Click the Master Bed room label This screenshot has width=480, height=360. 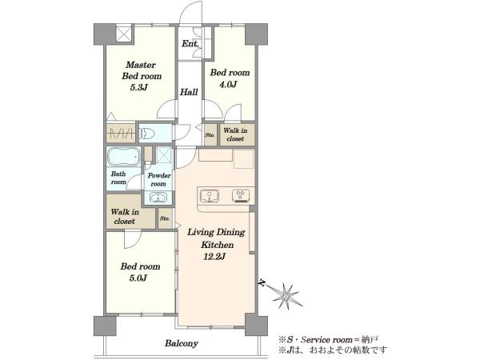tap(142, 70)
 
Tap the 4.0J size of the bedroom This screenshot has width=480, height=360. tap(228, 84)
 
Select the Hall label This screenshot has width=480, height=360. tap(189, 92)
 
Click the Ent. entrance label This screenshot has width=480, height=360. tap(190, 44)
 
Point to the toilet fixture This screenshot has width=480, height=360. tap(147, 134)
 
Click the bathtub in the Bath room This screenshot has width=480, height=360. tap(123, 157)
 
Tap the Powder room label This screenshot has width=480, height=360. tap(159, 180)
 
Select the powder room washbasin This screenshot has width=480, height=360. tap(158, 197)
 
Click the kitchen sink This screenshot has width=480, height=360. tap(210, 196)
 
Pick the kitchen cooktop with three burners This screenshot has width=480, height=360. tap(241, 196)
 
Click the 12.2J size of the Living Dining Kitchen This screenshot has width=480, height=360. tap(214, 257)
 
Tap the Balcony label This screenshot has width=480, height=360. tap(182, 343)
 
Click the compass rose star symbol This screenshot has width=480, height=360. tap(286, 295)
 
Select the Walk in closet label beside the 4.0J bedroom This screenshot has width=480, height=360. tap(235, 134)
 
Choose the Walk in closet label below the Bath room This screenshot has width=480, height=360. tap(125, 217)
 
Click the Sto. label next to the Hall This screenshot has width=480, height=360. tap(210, 134)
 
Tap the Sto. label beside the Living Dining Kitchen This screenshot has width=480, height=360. tap(165, 218)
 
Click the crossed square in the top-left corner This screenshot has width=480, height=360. tap(125, 34)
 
